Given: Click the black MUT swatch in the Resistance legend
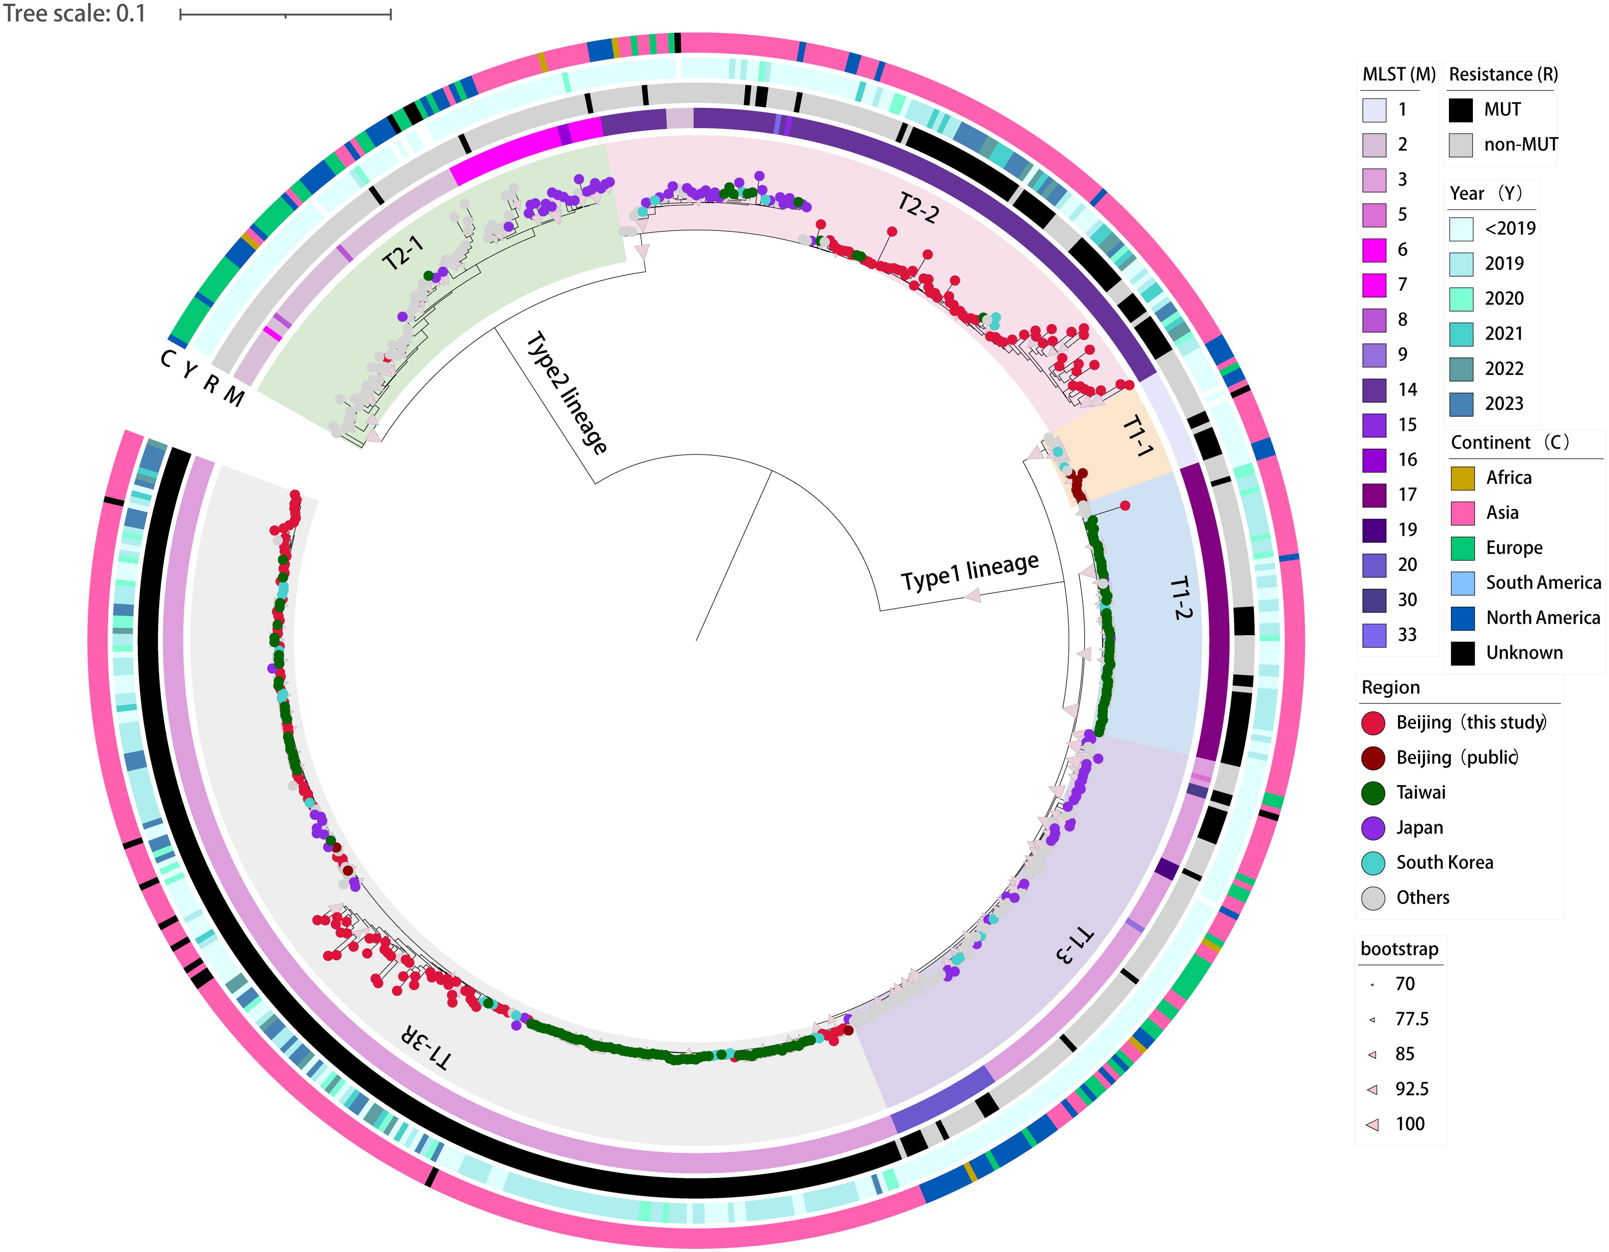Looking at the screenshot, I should (1460, 110).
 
